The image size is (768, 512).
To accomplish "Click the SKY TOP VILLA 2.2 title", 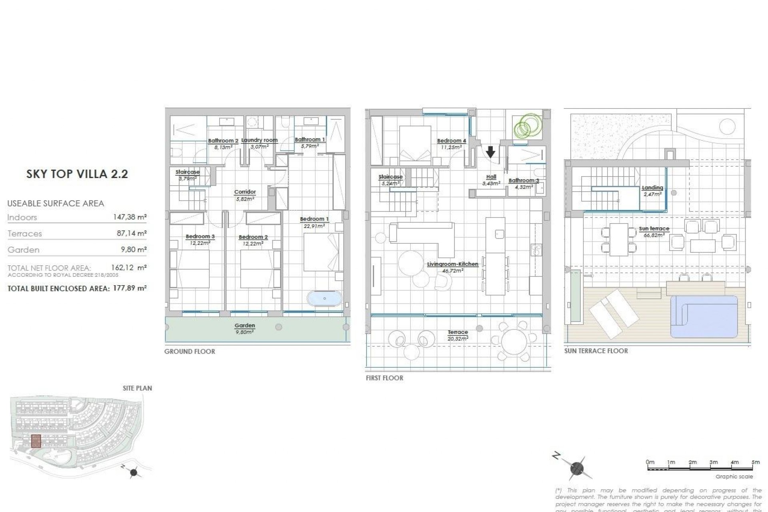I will click(x=77, y=174).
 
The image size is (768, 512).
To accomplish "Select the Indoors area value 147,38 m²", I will click(x=130, y=217).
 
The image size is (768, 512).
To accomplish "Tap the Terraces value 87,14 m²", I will click(x=132, y=233).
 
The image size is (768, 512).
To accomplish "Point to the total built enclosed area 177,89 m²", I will click(x=129, y=288).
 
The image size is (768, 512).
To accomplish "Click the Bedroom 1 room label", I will click(x=314, y=219).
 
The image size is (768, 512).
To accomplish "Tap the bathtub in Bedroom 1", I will click(x=324, y=298).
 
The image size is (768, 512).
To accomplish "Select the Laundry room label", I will click(x=259, y=140).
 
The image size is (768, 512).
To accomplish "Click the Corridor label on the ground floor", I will click(x=245, y=192).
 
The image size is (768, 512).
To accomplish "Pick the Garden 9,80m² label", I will click(x=244, y=328).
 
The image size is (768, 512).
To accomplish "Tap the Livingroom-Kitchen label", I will click(x=452, y=264).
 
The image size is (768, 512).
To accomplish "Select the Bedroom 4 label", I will click(x=451, y=141).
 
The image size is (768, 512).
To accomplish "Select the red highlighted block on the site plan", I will click(x=36, y=441).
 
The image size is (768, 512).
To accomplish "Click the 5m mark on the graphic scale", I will click(x=755, y=462).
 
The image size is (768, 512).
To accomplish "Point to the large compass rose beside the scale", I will click(x=576, y=468).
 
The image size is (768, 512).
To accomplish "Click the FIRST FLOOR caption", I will click(x=384, y=378).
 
